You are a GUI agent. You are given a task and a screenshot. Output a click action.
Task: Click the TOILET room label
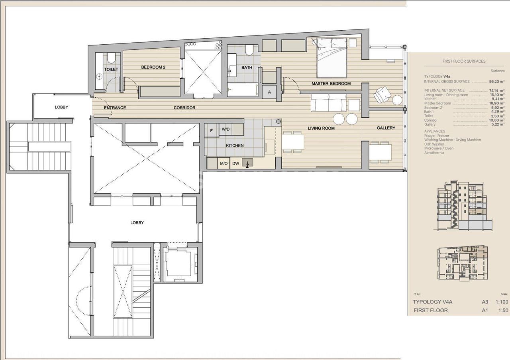pos(111,69)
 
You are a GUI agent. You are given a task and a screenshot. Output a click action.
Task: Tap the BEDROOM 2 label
pos(153,67)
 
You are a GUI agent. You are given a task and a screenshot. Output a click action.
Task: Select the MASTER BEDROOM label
pos(331,83)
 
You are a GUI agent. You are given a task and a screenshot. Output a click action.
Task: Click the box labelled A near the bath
pos(269,92)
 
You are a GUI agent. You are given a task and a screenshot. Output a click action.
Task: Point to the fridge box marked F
pos(212,129)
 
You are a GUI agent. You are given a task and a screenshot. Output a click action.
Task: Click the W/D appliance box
pos(226,129)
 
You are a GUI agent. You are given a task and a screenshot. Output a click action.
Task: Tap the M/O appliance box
pos(223,163)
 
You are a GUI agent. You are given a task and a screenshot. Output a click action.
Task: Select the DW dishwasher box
pos(235,163)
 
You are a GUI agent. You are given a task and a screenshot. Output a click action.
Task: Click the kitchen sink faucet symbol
pos(249,163)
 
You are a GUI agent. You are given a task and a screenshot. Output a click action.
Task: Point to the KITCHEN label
pos(235,146)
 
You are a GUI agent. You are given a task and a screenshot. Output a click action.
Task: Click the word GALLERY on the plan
pos(386,128)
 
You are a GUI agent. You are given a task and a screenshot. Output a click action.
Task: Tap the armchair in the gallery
pos(382,94)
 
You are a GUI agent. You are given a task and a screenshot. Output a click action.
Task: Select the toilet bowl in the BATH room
pos(249,50)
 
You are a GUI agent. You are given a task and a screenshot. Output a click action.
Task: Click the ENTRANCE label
pos(115,108)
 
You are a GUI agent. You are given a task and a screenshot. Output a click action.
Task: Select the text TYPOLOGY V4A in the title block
pos(432,302)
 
